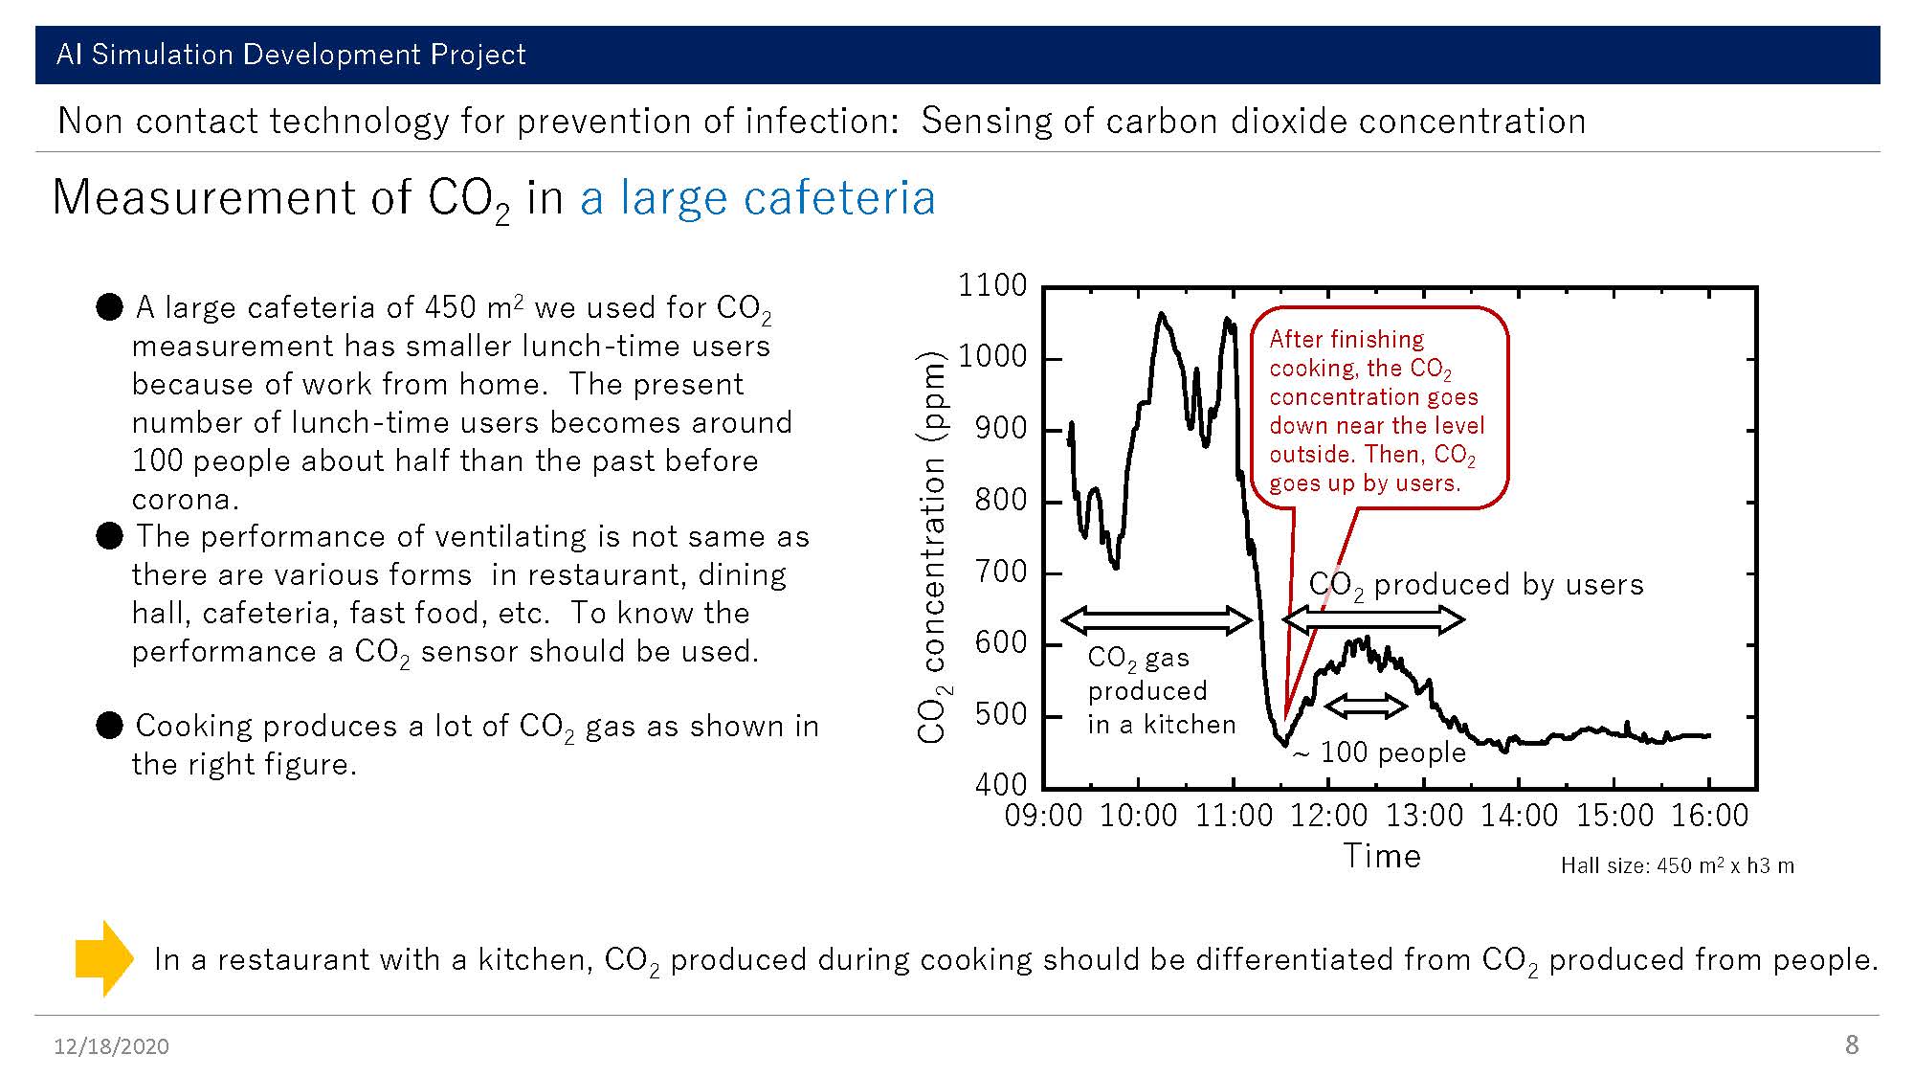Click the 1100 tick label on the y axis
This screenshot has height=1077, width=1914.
point(992,285)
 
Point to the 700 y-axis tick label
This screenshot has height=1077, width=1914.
point(1001,572)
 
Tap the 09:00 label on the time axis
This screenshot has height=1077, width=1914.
point(1044,816)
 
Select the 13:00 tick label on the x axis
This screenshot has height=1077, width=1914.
point(1425,816)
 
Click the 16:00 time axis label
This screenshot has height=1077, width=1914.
point(1710,816)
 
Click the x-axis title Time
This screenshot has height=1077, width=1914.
point(1382,856)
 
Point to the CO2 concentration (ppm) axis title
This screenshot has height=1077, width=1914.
point(932,548)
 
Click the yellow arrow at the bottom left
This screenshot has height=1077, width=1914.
point(104,958)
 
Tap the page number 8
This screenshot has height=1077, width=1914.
point(1852,1044)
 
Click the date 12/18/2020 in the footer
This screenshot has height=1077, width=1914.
point(111,1046)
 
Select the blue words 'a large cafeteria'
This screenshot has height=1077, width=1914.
point(757,198)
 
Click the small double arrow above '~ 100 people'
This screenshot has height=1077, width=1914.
point(1366,707)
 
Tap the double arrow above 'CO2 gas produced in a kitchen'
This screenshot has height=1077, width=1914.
point(1156,620)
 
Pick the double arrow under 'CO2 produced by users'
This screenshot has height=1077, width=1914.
point(1373,620)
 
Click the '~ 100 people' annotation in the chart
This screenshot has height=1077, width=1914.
point(1380,752)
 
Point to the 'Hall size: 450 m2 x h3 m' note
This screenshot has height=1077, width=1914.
point(1678,865)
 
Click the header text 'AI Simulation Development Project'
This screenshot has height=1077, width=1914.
point(291,55)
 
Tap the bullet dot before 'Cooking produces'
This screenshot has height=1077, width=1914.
point(110,726)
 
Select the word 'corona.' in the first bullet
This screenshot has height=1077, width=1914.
point(186,499)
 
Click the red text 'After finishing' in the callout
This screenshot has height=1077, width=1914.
point(1346,339)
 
